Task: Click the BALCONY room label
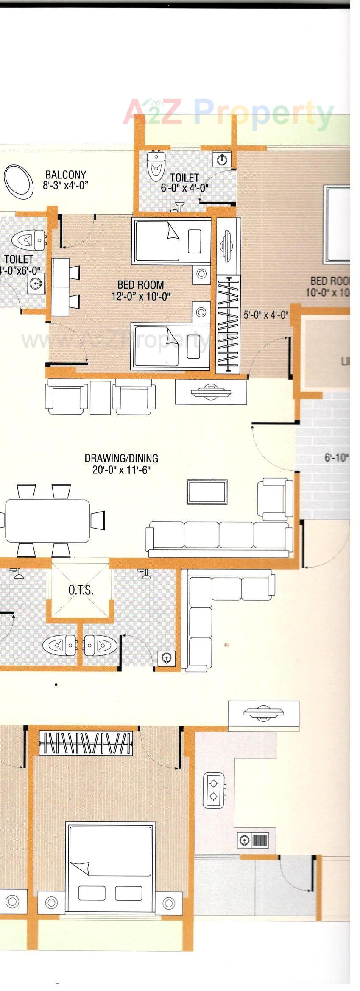pos(66,175)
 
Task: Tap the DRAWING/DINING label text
pos(121,458)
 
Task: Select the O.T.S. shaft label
pos(81,590)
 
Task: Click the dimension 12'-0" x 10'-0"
pos(141,296)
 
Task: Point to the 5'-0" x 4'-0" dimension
pos(266,315)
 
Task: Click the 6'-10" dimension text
pos(337,458)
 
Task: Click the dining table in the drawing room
pos(47,520)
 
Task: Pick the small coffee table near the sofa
pos(207,492)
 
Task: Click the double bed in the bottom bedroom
pos(110,868)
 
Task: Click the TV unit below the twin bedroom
pos(211,391)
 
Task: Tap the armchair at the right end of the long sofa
pos(274,499)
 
